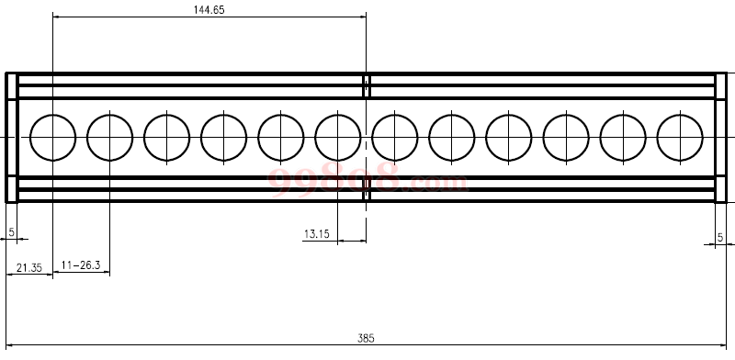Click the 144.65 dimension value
[x=209, y=10]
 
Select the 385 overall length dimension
[x=366, y=338]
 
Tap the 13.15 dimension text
[x=317, y=234]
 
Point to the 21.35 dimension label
[x=29, y=267]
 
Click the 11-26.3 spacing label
[x=81, y=264]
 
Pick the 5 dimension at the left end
[x=12, y=232]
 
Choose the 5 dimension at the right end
[x=720, y=238]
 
